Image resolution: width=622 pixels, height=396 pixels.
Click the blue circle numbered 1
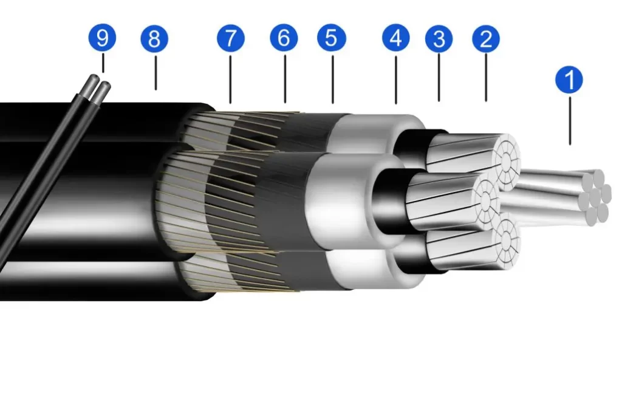[569, 80]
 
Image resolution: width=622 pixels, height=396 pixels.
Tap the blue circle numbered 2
[486, 39]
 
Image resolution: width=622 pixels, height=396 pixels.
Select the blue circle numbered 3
[439, 39]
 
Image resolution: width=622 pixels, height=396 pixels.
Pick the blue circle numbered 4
[396, 38]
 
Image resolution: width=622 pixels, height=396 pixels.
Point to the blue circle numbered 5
[332, 38]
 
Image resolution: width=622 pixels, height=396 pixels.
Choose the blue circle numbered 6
[284, 38]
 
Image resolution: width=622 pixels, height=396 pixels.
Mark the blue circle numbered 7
[230, 38]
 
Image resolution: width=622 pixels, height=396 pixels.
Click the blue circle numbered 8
[154, 38]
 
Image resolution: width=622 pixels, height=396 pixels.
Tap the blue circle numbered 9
[102, 37]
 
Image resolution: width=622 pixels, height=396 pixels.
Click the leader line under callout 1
[570, 121]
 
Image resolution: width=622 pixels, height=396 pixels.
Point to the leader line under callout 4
[396, 80]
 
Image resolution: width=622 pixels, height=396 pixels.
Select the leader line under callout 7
[230, 80]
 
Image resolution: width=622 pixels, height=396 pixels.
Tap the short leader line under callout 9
[103, 63]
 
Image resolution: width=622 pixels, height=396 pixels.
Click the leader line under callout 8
[155, 73]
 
